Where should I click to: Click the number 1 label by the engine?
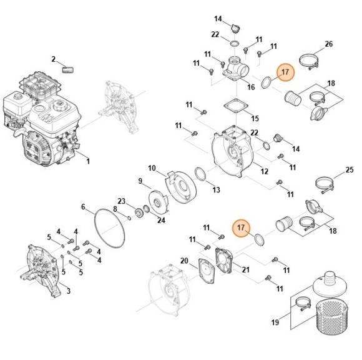[x=87, y=161]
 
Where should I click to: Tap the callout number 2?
[x=54, y=59]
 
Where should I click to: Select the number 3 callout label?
[x=67, y=291]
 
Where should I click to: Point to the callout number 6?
[x=83, y=207]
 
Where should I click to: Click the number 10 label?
[x=152, y=167]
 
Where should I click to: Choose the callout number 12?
[x=265, y=171]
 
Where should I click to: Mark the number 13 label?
[x=216, y=189]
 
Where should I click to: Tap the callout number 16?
[x=251, y=87]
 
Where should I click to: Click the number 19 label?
[x=275, y=322]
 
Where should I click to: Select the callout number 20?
[x=184, y=260]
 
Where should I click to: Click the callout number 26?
[x=329, y=44]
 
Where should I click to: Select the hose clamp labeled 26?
[x=310, y=62]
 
